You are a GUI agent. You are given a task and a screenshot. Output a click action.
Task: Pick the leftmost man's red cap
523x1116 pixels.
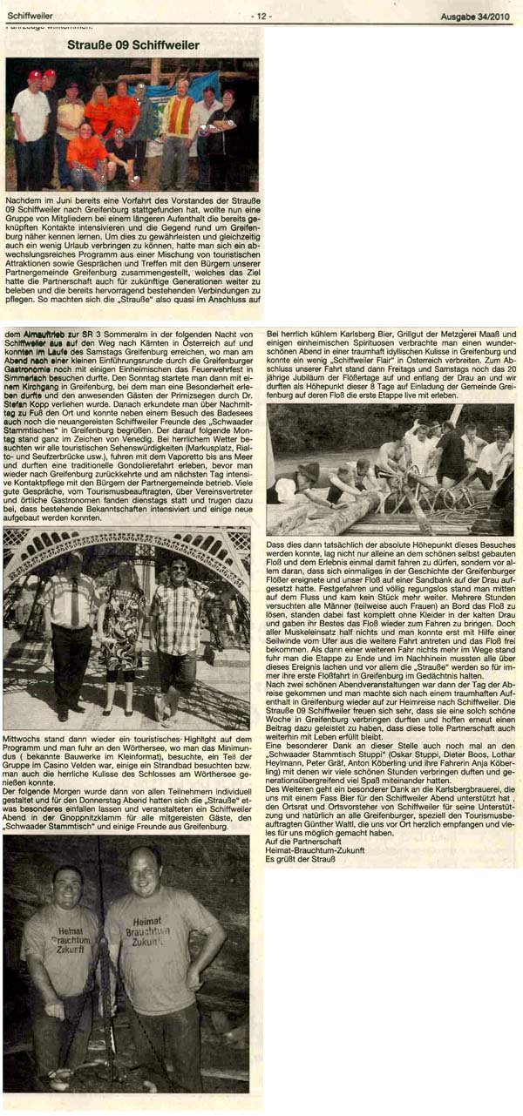(x=34, y=76)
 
